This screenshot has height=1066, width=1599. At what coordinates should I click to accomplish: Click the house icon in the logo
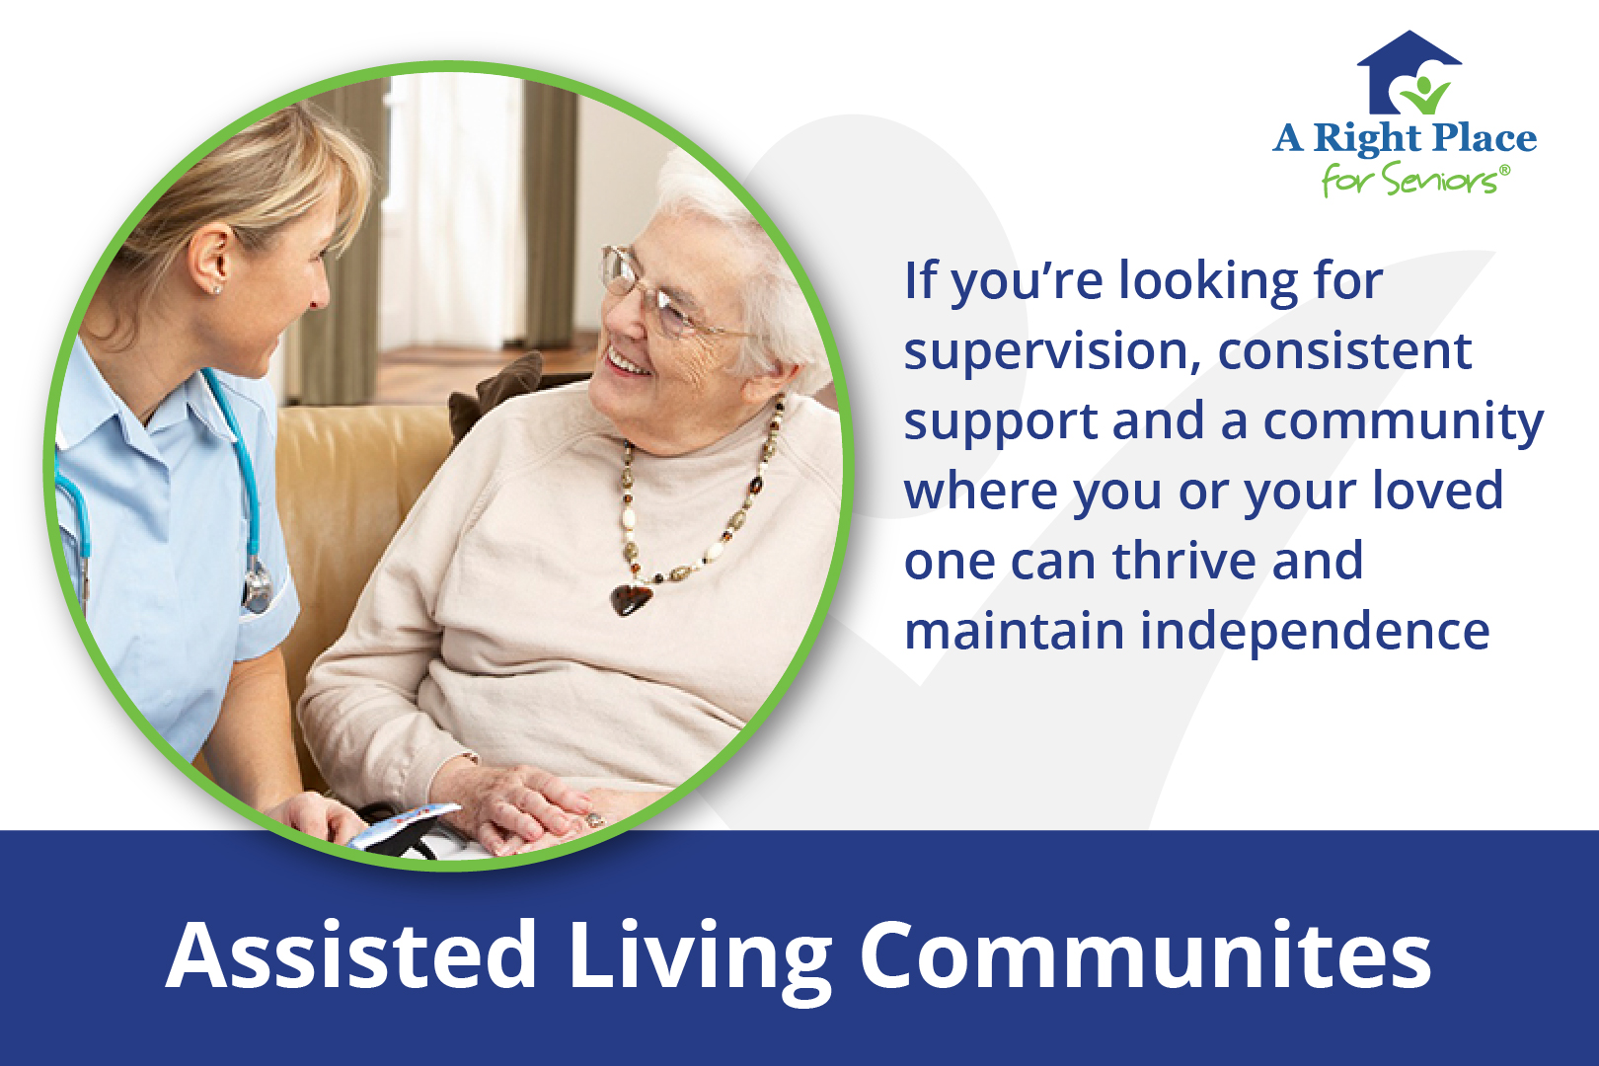(x=1409, y=74)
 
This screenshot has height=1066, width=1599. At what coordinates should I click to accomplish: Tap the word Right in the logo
(x=1366, y=139)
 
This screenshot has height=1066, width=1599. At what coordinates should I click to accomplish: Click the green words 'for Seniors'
(x=1411, y=181)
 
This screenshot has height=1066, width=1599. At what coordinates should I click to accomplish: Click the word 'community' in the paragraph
(x=1403, y=422)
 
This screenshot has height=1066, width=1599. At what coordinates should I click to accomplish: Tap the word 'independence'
(x=1315, y=632)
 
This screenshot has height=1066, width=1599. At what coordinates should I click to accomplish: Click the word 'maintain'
(x=1014, y=632)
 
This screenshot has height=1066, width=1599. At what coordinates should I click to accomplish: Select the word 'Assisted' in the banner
(x=351, y=954)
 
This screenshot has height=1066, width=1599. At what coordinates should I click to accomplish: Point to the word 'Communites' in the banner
(x=1145, y=954)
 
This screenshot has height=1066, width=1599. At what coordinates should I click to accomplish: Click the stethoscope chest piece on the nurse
(x=258, y=587)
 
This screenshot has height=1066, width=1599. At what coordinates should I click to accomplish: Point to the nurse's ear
(x=211, y=262)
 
